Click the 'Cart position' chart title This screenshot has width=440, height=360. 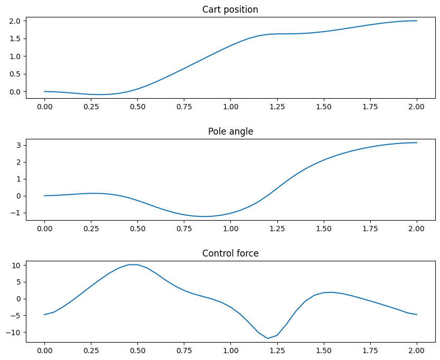[230, 10]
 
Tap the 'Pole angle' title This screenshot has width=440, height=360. [230, 131]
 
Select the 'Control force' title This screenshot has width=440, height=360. [230, 253]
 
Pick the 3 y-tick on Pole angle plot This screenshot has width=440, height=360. [18, 145]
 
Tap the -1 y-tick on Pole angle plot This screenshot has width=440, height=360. [16, 213]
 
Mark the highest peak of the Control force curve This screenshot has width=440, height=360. [137, 264]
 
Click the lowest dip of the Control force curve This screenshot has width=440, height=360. [268, 338]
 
